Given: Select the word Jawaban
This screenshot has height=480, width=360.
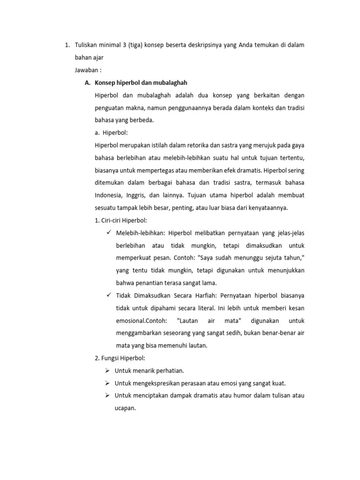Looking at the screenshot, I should (86, 70).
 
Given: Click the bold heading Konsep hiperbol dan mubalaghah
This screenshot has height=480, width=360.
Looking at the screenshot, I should (141, 82).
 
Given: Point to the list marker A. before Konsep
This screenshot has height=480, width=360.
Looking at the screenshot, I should (87, 82).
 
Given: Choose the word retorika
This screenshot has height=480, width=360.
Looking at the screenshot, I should (197, 145).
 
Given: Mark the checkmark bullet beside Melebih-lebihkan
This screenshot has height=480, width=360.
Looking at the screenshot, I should (109, 232).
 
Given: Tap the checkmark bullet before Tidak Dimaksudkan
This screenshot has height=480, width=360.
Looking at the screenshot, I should (109, 295).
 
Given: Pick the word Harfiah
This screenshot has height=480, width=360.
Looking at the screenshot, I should (202, 295).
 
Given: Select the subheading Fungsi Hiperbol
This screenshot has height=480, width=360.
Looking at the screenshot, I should (120, 358).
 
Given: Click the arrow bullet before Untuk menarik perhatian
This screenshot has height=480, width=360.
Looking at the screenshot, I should (108, 371).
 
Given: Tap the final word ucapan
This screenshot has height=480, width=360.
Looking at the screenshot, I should (125, 408).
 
